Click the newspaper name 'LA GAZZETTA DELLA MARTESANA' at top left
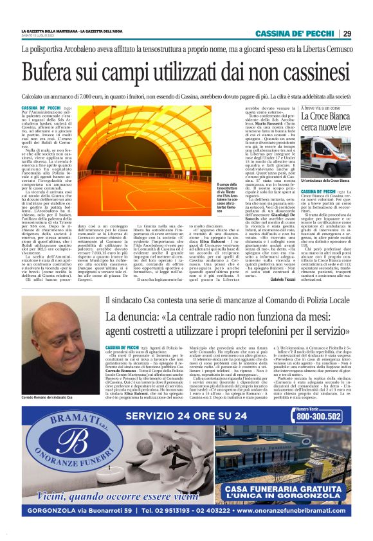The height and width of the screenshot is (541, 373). [x=50, y=31]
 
